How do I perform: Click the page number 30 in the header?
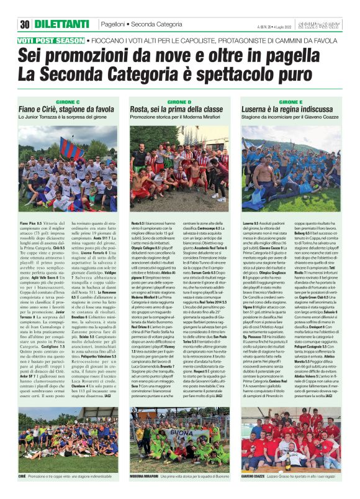point(25,24)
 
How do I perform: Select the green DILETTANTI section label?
point(61,24)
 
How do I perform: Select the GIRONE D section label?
point(180,101)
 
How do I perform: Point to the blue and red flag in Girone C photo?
point(71,148)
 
